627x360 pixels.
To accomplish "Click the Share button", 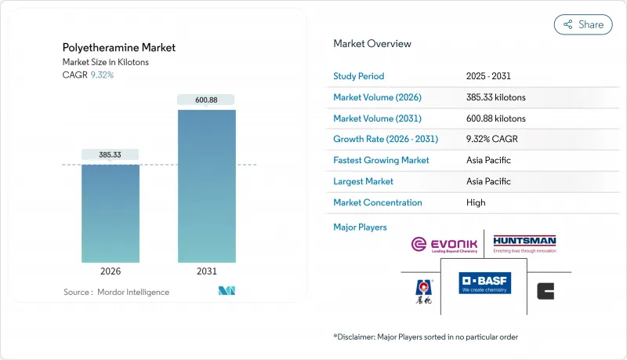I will (x=583, y=24).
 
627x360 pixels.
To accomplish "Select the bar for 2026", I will (x=111, y=213).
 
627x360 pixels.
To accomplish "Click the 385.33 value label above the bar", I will (x=111, y=155).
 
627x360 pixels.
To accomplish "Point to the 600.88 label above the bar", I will (x=206, y=100).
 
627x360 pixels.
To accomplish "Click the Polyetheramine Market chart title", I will (x=119, y=48).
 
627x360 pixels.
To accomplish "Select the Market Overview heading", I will (x=372, y=44).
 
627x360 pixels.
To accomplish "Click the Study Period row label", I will (x=359, y=77).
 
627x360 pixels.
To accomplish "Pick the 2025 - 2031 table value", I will (x=487, y=77).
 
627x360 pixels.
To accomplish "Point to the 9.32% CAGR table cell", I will (x=491, y=140).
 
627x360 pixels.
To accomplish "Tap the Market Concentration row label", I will (x=378, y=202).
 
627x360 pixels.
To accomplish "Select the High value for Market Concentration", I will (x=475, y=202).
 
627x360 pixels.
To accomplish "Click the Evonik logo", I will (x=444, y=245).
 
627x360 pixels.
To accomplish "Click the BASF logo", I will (x=484, y=283).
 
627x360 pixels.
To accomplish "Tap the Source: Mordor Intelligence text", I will (x=116, y=292).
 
